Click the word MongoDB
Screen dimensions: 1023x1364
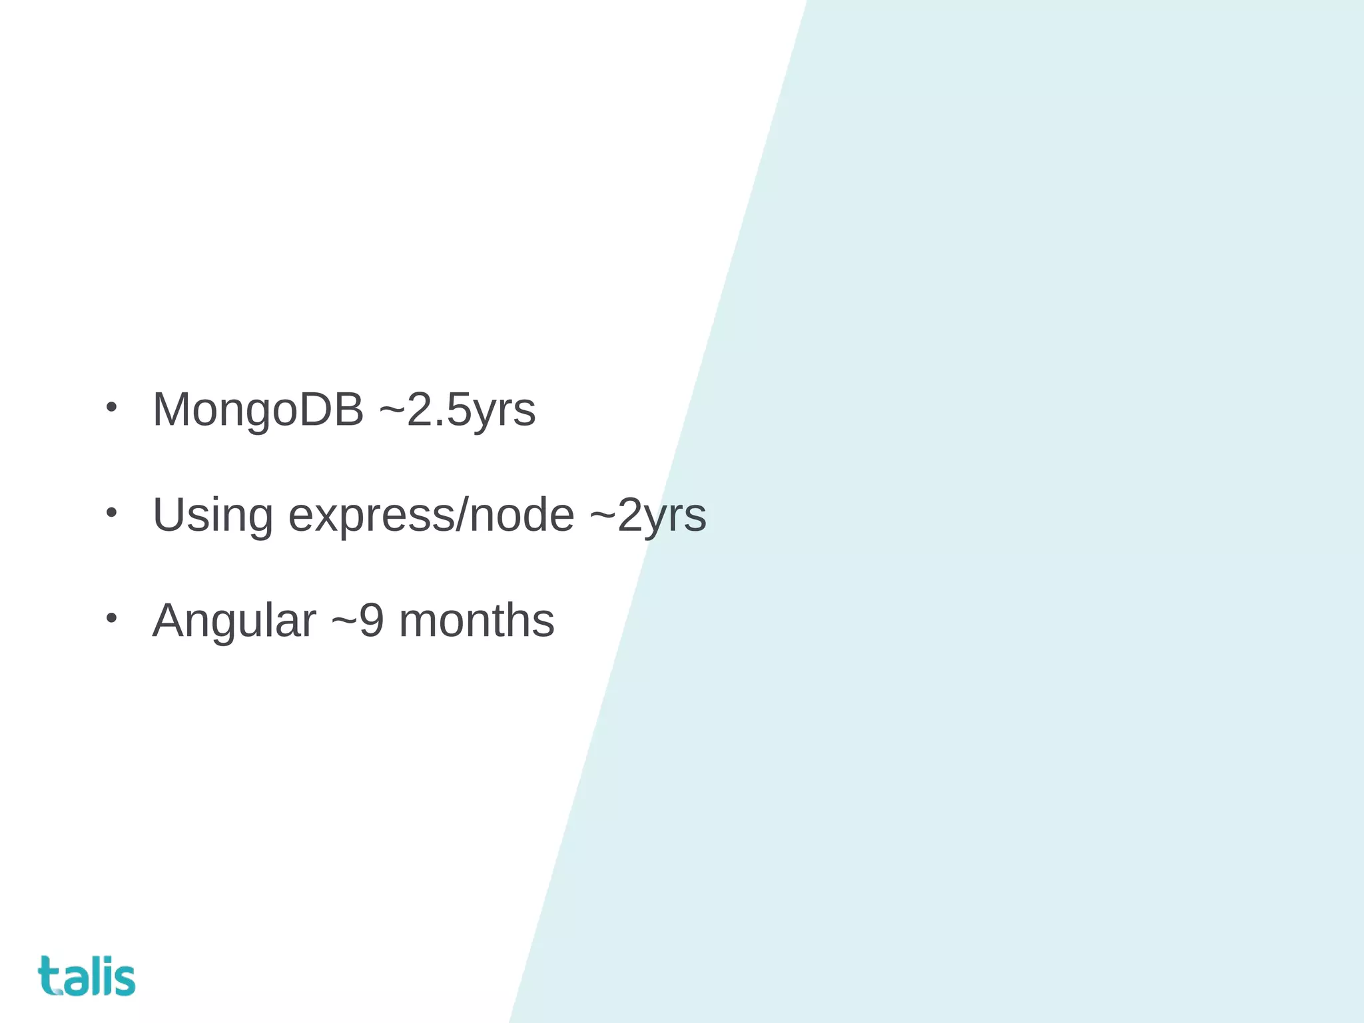click(x=258, y=410)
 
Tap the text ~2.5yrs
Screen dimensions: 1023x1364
click(x=457, y=410)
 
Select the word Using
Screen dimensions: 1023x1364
click(x=212, y=515)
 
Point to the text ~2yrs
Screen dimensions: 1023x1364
click(x=647, y=515)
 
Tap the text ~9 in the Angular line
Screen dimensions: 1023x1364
click(x=358, y=621)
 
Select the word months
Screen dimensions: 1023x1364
click(x=476, y=621)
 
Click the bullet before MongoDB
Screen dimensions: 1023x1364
click(x=111, y=407)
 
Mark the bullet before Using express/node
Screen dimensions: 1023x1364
click(x=111, y=512)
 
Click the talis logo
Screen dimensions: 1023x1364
click(x=87, y=976)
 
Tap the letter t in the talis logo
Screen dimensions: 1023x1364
click(x=48, y=976)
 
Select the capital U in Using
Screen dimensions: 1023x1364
click(x=170, y=515)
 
